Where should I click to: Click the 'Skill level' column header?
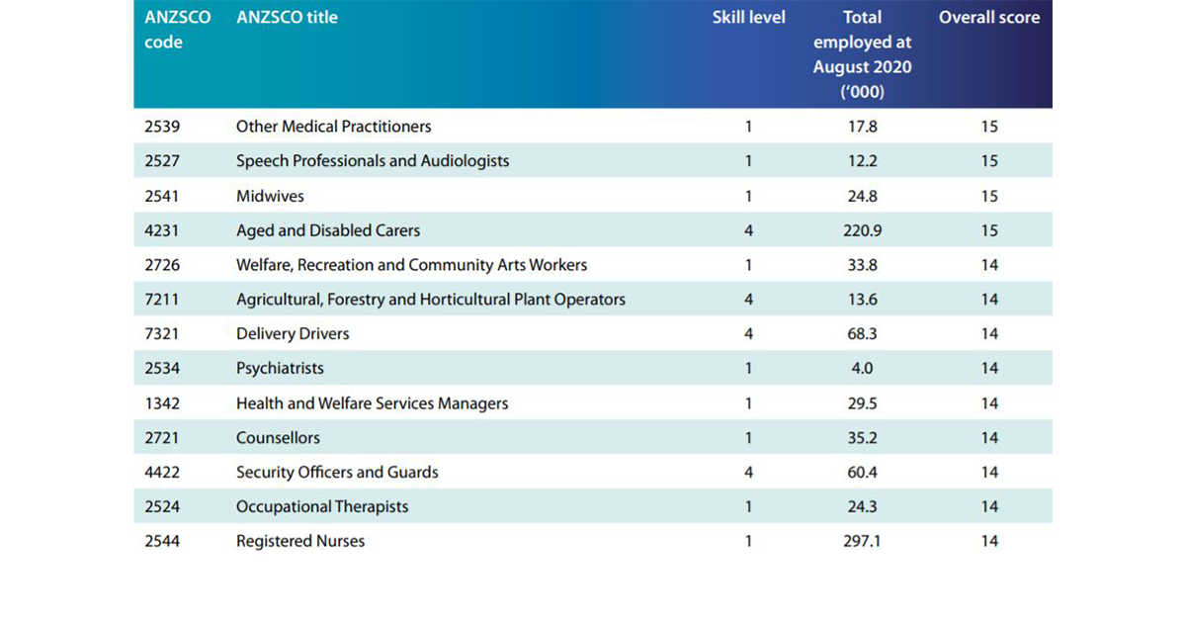[748, 18]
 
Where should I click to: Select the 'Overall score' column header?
[988, 18]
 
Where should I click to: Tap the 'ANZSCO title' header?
[287, 18]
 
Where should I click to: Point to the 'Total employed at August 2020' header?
[862, 54]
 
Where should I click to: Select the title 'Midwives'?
[270, 196]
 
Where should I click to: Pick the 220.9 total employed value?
[862, 230]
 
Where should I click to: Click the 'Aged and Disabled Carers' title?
[327, 230]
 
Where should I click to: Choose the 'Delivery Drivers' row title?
[293, 334]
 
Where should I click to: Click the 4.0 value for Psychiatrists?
[862, 369]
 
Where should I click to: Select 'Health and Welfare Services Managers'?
[372, 403]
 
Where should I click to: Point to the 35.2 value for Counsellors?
[862, 438]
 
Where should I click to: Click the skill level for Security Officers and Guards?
[748, 473]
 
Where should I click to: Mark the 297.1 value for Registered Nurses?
[862, 542]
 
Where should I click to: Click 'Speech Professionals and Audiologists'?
[373, 161]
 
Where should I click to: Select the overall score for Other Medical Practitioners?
[989, 127]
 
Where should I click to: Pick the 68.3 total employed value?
[862, 334]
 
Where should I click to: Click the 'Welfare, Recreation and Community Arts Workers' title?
[411, 265]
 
